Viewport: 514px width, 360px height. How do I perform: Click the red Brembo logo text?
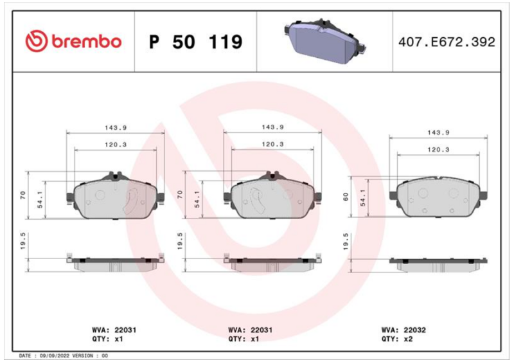(x=87, y=42)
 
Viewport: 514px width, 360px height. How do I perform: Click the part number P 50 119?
(x=196, y=42)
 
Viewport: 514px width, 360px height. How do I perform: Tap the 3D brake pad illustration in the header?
(x=324, y=40)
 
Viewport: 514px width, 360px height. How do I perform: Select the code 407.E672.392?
(x=447, y=42)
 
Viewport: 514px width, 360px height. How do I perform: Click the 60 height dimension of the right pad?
(x=346, y=197)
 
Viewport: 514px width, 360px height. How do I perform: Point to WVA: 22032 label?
(x=403, y=330)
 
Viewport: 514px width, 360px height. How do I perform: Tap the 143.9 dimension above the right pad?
(x=438, y=132)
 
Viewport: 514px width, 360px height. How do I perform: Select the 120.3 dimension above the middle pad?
(x=272, y=144)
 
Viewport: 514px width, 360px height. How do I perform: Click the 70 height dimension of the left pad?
(x=22, y=195)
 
